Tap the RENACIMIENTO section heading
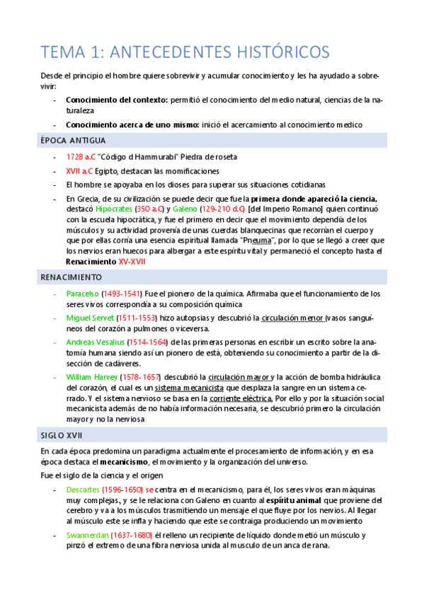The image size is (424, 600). point(71,277)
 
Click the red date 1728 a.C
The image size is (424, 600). point(80,156)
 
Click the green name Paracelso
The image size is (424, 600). point(84,293)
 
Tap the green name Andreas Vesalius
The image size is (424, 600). point(95,342)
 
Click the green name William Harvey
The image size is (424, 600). point(91,376)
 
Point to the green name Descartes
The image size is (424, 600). point(84,490)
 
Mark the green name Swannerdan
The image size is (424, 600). point(89,536)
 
